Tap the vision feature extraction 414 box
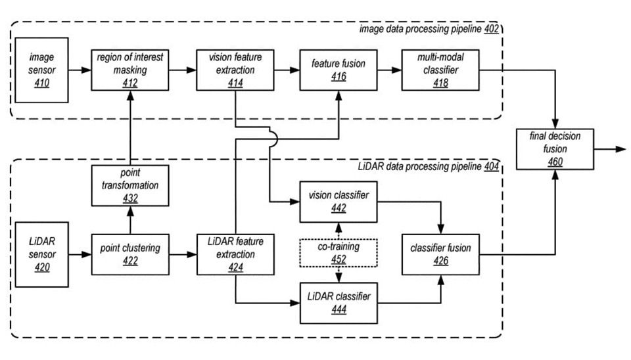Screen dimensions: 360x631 (x=235, y=69)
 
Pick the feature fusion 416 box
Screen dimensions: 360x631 (x=338, y=69)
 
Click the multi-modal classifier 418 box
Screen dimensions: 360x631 (x=442, y=69)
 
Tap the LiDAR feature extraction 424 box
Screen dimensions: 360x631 (x=235, y=254)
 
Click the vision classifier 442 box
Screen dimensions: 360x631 (x=338, y=202)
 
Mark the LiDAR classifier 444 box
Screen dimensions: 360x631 (x=338, y=303)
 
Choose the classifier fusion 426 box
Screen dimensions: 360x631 (x=442, y=254)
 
